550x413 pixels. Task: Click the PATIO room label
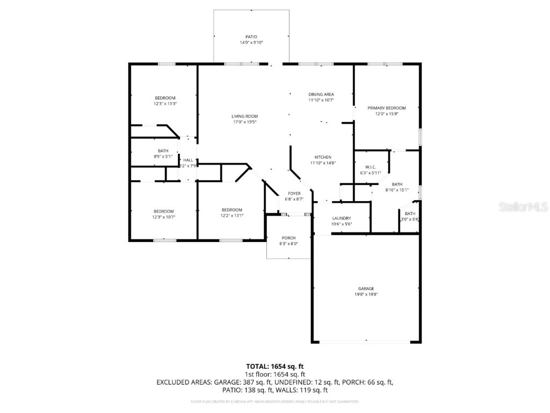tap(251, 37)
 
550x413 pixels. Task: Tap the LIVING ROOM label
tap(244, 116)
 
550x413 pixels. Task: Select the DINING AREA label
tap(321, 94)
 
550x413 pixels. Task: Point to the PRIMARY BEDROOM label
tap(386, 108)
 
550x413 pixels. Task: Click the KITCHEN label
tap(323, 157)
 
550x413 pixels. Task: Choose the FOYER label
tap(294, 193)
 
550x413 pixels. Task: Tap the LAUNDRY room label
tap(341, 218)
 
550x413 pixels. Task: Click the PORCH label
tap(289, 238)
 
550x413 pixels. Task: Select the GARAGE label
tap(366, 289)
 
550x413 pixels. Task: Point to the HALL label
tap(188, 160)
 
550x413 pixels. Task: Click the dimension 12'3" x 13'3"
tap(165, 104)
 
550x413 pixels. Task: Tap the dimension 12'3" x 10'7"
tap(164, 217)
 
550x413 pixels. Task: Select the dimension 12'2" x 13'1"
tap(232, 216)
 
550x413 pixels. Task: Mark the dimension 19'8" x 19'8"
tap(366, 295)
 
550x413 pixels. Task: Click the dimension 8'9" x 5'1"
tap(163, 156)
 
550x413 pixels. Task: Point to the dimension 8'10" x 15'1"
tap(397, 190)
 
